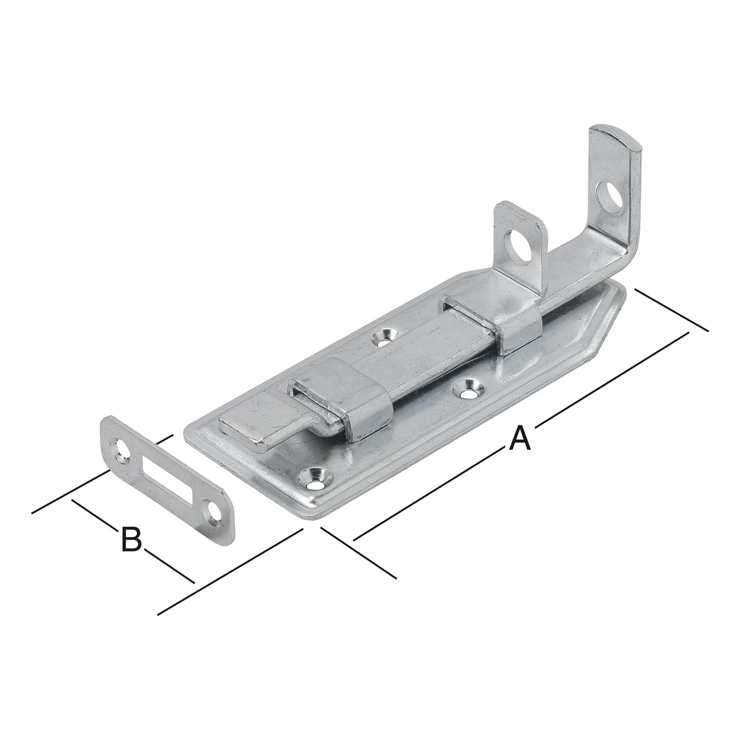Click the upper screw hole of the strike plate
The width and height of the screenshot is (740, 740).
(123, 450)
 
